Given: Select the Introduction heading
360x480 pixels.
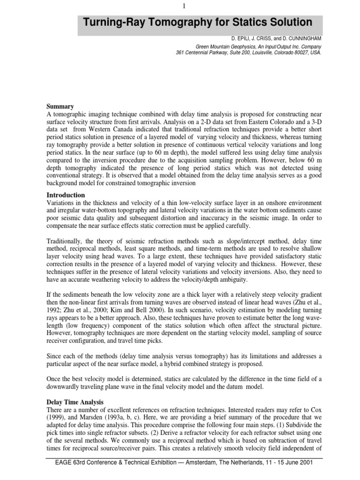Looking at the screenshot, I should tap(66, 195).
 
